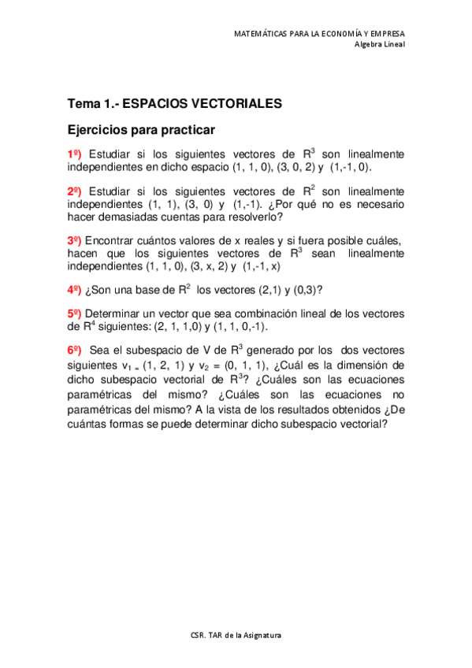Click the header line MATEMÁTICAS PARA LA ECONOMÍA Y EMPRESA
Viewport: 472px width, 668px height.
click(x=320, y=34)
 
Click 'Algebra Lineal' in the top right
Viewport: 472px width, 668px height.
click(x=379, y=44)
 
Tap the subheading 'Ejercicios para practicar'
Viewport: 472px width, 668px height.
click(x=141, y=128)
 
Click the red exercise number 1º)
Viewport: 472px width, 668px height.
click(x=75, y=154)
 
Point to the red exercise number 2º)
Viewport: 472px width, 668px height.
click(x=75, y=191)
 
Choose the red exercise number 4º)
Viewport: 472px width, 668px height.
click(x=75, y=289)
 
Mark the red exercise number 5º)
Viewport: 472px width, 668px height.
click(x=75, y=314)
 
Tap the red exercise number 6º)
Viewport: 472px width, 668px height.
click(x=75, y=350)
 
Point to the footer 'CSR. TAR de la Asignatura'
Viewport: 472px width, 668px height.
click(x=236, y=635)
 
